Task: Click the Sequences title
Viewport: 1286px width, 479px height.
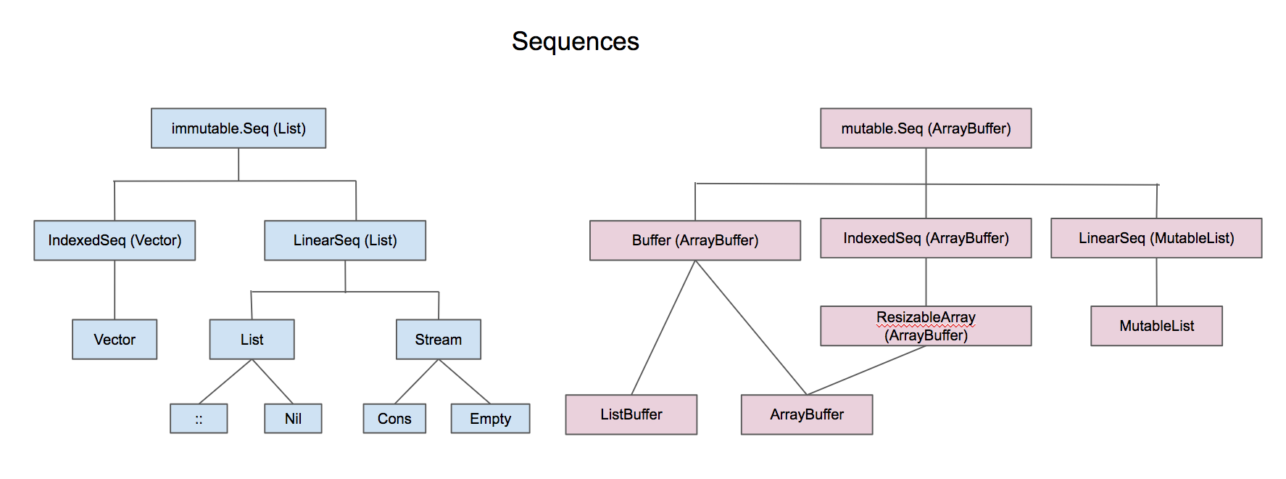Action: (576, 41)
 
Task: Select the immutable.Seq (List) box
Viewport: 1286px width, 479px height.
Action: (238, 128)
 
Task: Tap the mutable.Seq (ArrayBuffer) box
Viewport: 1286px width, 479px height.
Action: (926, 128)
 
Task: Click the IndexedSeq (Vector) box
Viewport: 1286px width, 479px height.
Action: (115, 240)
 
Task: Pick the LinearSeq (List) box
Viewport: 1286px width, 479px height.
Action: (345, 240)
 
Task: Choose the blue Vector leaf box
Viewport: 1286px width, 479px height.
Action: (115, 340)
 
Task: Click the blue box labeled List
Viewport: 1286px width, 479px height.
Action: (252, 340)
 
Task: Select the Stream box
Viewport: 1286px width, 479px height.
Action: (439, 340)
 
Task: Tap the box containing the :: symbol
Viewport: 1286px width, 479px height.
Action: (199, 419)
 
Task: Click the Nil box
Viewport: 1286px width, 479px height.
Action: (293, 419)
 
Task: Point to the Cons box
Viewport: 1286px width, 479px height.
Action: (394, 419)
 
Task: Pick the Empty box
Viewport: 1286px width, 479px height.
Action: (491, 419)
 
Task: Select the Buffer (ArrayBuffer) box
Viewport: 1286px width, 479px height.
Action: (695, 240)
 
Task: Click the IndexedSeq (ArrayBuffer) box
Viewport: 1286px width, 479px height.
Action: (926, 238)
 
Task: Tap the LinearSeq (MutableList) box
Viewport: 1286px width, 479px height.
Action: (1156, 238)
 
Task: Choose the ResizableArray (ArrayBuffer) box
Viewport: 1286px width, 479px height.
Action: (926, 326)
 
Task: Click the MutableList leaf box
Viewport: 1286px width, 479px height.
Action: (1156, 326)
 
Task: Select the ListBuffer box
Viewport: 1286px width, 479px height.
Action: (631, 414)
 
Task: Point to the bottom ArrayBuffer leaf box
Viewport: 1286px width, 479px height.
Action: (807, 414)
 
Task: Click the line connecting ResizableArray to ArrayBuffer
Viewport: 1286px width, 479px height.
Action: (866, 370)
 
